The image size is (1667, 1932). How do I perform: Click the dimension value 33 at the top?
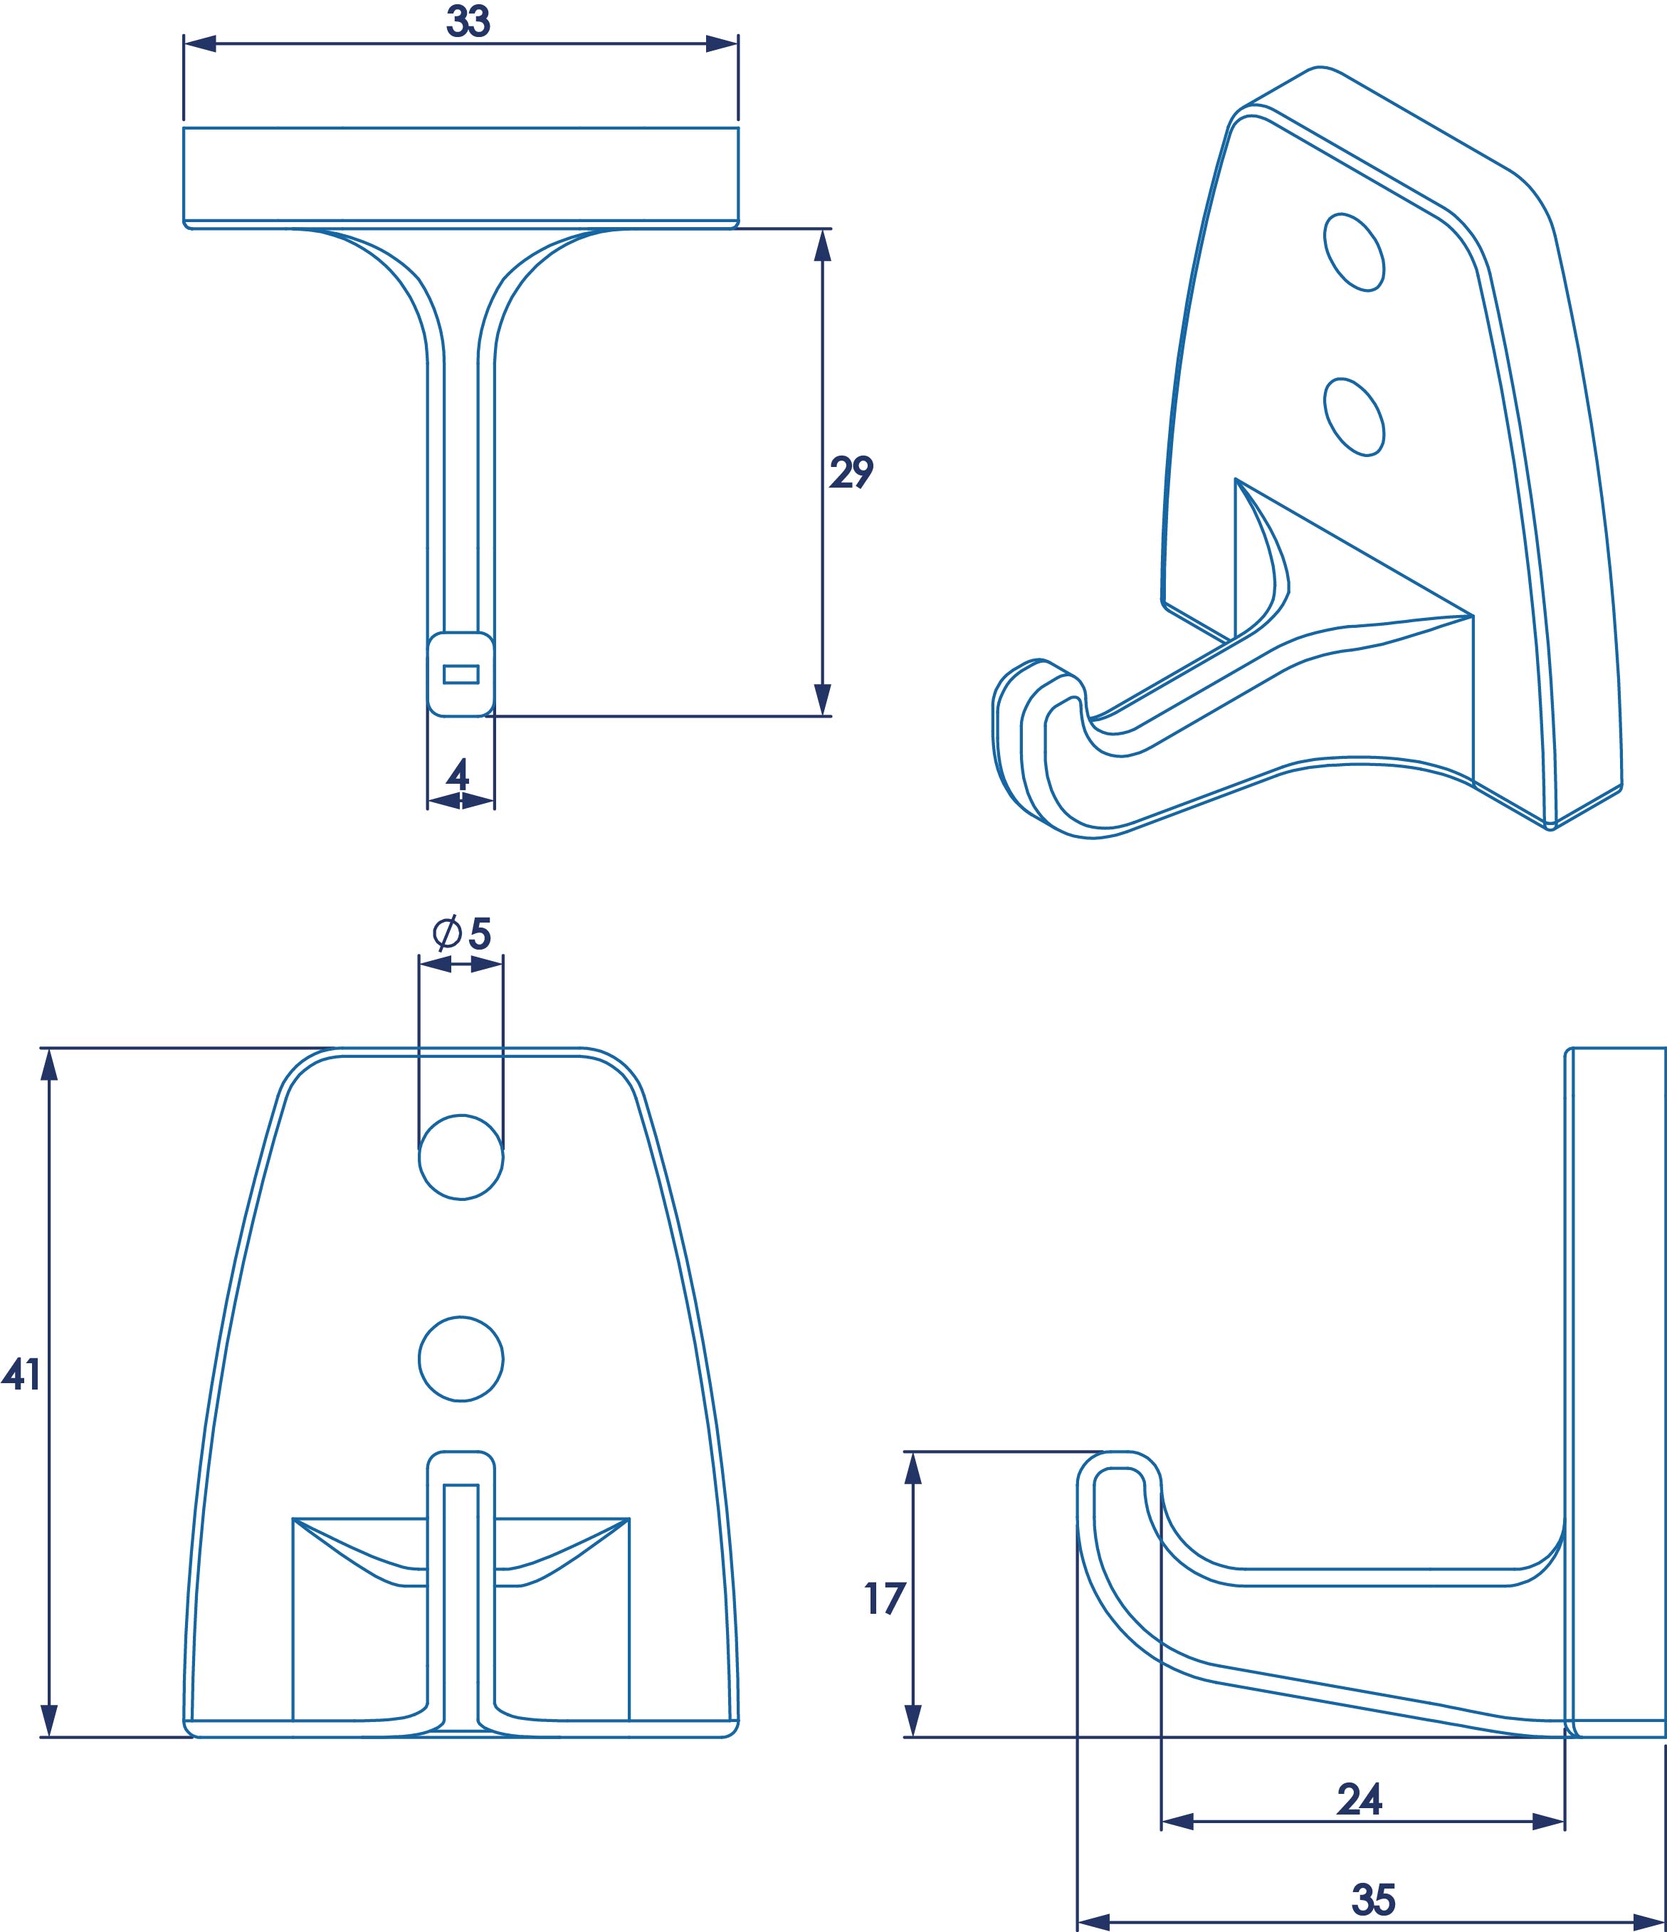[x=468, y=21]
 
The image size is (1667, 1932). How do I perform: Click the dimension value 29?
[x=851, y=473]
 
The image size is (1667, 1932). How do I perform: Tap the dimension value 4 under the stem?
[x=458, y=774]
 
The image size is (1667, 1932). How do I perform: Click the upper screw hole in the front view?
[x=461, y=1156]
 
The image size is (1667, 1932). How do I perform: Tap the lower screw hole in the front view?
[x=461, y=1358]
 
